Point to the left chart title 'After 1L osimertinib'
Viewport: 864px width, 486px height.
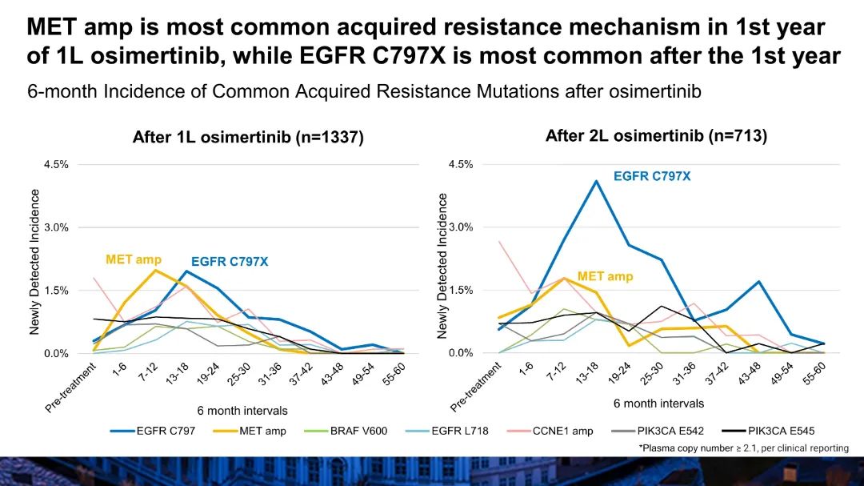[248, 138]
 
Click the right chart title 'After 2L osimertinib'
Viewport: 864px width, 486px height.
[656, 136]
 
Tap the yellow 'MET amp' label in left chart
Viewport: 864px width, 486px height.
[134, 259]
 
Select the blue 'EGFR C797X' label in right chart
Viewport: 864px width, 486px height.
[652, 175]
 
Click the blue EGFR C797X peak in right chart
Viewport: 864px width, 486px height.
[596, 181]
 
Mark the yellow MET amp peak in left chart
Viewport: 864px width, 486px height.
[155, 270]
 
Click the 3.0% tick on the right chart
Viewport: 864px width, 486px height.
[462, 227]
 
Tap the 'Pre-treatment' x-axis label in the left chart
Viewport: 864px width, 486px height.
[72, 388]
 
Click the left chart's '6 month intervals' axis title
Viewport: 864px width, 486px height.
[242, 411]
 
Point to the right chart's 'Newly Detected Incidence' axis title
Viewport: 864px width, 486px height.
[442, 266]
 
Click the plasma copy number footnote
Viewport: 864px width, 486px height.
[743, 448]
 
